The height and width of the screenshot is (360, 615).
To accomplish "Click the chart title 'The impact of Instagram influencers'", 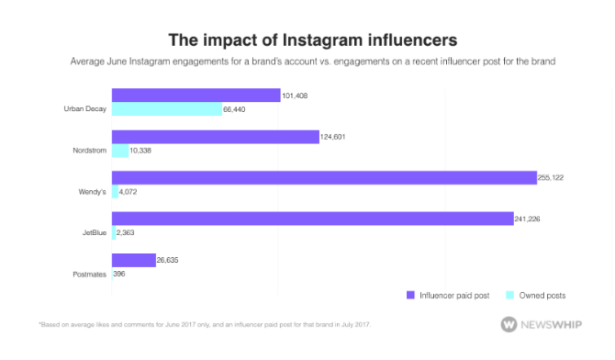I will click(307, 40).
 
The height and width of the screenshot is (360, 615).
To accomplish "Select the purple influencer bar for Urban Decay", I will click(196, 96).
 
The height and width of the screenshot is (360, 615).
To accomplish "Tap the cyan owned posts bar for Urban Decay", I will click(166, 109).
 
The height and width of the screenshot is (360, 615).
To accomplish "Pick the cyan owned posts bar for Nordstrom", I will click(120, 151).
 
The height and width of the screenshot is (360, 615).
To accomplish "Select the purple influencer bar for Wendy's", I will click(324, 178).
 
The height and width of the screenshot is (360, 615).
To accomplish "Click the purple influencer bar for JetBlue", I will click(312, 219).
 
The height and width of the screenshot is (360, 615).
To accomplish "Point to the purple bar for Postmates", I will click(133, 260).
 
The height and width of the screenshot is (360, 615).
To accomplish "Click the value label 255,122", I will click(551, 178).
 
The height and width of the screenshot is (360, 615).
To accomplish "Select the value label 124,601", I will click(334, 137).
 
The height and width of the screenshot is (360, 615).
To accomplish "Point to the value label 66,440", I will click(236, 109).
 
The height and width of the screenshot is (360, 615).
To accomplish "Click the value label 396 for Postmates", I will click(119, 275).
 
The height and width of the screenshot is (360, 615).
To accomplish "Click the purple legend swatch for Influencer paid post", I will click(410, 296).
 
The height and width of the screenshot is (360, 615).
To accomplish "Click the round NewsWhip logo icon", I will click(509, 325).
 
